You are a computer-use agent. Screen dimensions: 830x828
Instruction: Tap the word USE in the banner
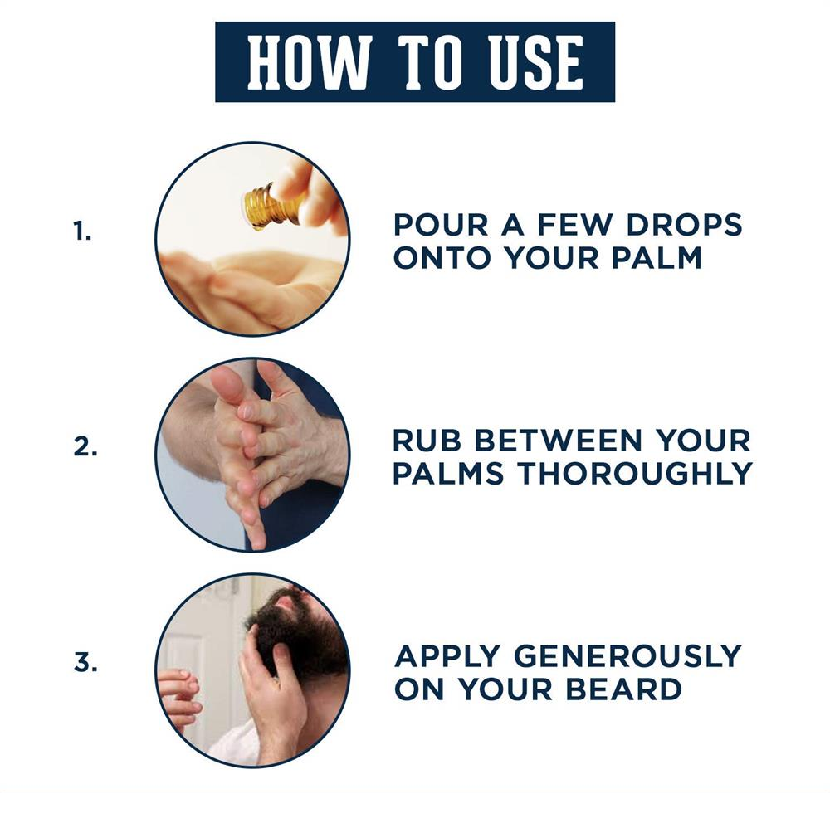pos(535,62)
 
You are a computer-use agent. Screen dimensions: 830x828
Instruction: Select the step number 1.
pos(81,231)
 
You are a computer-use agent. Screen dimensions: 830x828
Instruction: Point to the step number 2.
pos(85,447)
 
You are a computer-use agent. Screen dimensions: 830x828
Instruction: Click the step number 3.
pos(85,662)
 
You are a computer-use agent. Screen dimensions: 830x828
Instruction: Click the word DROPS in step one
pos(685,225)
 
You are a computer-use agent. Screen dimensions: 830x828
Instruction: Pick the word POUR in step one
pos(441,225)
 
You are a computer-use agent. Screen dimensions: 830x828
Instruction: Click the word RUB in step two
pos(427,441)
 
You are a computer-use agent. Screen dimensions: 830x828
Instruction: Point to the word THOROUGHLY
pos(635,474)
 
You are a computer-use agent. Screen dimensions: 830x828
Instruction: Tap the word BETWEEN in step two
pos(559,441)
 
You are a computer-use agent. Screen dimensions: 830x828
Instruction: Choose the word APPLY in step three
pos(447,656)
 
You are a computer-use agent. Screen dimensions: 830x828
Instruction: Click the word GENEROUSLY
pos(627,656)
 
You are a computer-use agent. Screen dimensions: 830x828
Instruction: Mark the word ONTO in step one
pos(442,258)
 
